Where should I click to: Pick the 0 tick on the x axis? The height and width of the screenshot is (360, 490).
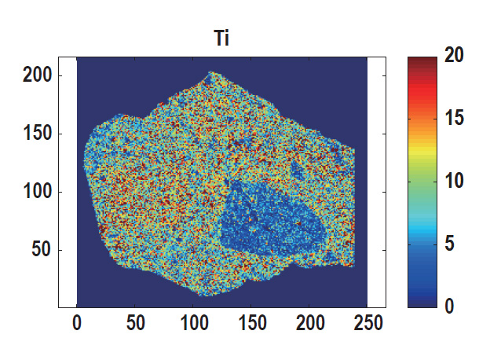(77, 323)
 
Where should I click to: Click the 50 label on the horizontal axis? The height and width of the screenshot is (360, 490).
(135, 323)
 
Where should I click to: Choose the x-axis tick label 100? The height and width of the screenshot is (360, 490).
(193, 323)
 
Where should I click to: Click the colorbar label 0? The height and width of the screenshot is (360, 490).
(449, 306)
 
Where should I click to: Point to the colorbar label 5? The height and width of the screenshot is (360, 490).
(449, 244)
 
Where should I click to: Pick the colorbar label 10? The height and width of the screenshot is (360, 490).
(453, 181)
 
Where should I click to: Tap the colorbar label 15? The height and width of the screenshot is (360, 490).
(453, 119)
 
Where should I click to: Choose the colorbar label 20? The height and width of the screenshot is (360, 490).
(453, 56)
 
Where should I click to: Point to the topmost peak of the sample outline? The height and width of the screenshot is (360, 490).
(210, 73)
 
